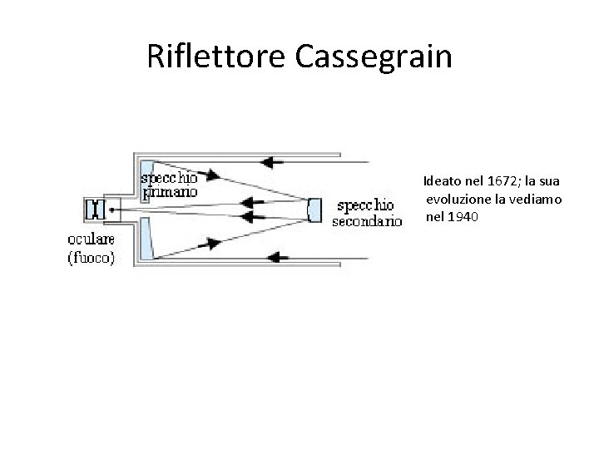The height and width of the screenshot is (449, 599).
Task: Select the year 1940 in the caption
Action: click(463, 217)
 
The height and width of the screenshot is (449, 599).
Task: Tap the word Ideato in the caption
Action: click(441, 180)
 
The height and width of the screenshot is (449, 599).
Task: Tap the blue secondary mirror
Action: click(314, 210)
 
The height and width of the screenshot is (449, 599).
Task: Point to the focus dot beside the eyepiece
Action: click(113, 210)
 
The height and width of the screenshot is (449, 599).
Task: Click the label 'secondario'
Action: click(367, 221)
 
